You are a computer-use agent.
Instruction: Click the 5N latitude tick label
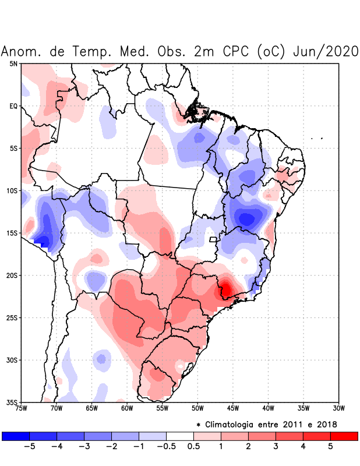coord(13,63)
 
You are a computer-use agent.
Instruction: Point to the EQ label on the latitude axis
coord(13,106)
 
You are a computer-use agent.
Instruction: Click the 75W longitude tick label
coord(22,408)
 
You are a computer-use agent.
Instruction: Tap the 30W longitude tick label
coord(339,408)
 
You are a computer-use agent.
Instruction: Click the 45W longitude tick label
coord(232,408)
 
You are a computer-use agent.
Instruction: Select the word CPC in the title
coord(236,51)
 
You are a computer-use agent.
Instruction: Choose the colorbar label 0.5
coord(193,447)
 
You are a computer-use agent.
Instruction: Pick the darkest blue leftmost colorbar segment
coord(16,436)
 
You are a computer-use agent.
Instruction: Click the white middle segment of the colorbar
coord(180,436)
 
